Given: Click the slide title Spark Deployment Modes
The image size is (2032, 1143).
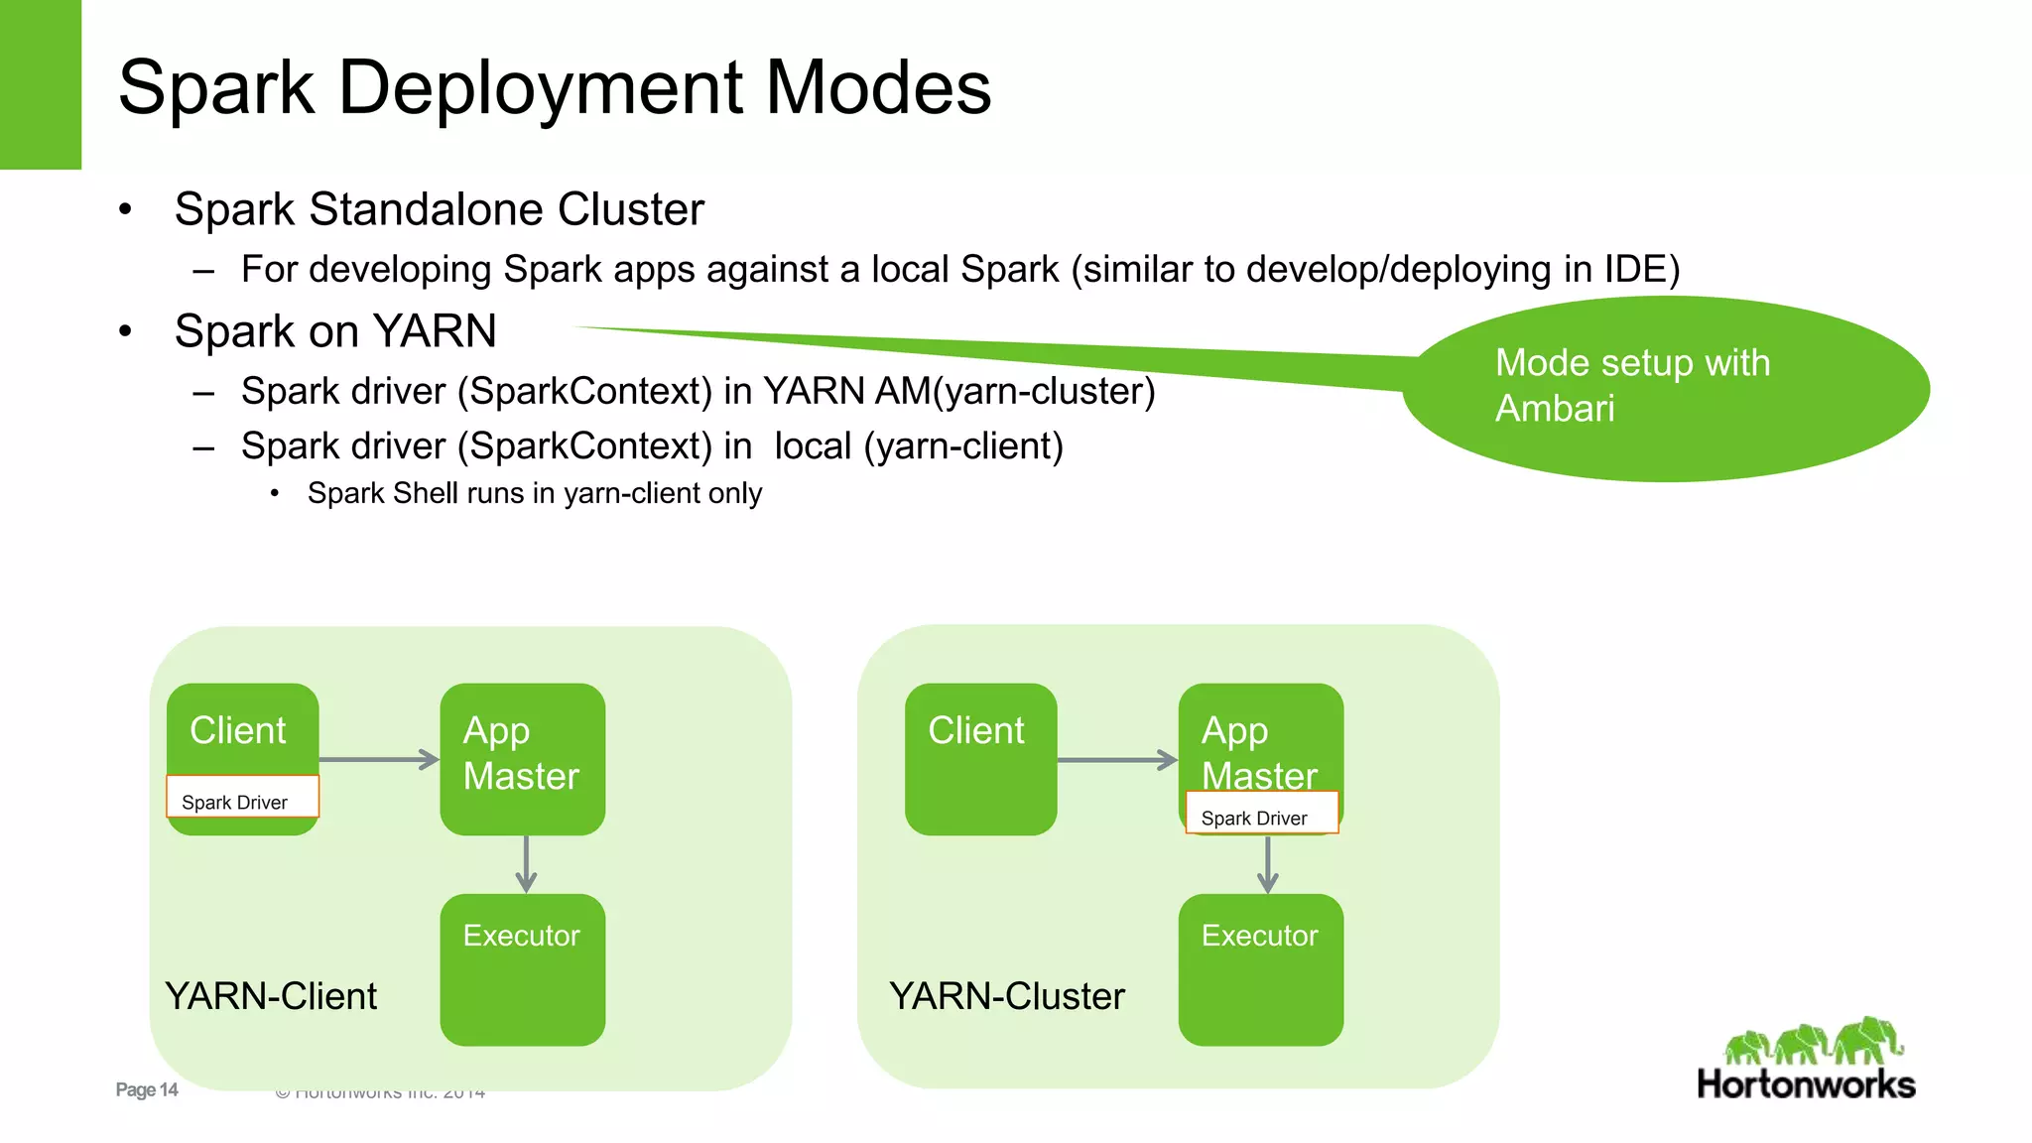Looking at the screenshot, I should [554, 87].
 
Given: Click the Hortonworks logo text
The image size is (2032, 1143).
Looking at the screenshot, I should [1805, 1083].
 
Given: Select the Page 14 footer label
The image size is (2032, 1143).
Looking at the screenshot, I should [146, 1089].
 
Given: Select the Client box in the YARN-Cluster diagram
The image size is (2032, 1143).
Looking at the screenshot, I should [980, 759].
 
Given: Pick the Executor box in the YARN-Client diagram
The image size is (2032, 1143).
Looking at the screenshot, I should [522, 969].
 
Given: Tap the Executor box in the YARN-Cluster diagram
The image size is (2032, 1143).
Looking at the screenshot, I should [1260, 969].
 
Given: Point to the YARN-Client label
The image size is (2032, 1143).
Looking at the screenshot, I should [271, 996].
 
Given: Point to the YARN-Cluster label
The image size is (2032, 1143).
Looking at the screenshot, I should [1006, 996].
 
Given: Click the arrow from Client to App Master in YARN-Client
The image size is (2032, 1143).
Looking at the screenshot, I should [378, 760].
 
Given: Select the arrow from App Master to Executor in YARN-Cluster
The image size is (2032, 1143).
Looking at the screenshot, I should [1267, 864].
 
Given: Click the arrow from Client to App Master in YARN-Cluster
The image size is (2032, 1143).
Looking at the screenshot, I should [1116, 760].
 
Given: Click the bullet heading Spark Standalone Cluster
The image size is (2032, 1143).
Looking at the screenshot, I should [439, 209].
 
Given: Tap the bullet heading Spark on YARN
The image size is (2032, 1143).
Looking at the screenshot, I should [335, 331].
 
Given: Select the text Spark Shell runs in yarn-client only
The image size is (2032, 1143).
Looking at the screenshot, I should [534, 493].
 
